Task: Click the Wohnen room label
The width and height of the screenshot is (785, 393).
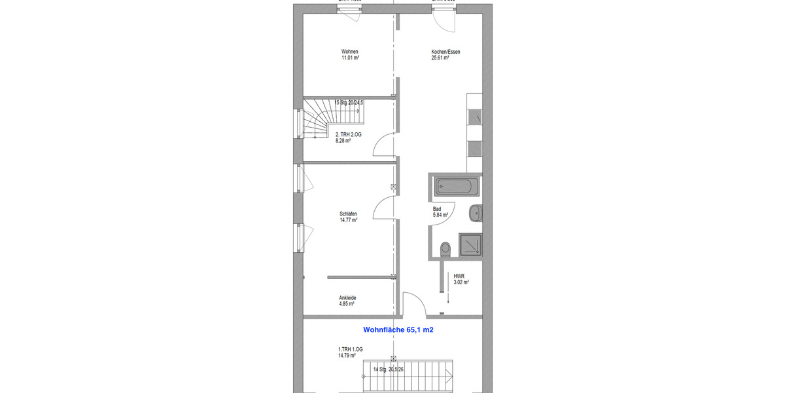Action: click(x=350, y=52)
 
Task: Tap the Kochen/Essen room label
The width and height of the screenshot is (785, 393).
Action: click(x=440, y=52)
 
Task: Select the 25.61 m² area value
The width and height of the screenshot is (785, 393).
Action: click(x=440, y=58)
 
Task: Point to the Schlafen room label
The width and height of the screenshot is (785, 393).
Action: click(x=348, y=214)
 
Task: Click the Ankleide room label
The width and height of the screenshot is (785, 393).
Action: click(x=347, y=298)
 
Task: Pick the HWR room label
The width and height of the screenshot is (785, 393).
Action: click(x=459, y=276)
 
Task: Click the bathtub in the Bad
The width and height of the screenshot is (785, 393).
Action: click(x=457, y=187)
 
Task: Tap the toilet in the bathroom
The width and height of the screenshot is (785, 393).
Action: click(x=446, y=250)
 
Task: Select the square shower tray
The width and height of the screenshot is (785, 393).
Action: click(x=470, y=246)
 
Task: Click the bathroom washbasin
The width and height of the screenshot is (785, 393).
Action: click(x=476, y=212)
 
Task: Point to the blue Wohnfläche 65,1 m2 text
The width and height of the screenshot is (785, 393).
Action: click(x=398, y=331)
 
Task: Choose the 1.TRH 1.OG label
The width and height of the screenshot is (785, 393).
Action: click(x=347, y=350)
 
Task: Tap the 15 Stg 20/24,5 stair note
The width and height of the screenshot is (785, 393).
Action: click(x=348, y=103)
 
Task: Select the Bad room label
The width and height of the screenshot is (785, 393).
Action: click(x=436, y=209)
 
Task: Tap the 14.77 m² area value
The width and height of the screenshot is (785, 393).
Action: click(x=348, y=220)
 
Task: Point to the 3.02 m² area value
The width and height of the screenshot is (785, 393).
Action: click(x=461, y=282)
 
